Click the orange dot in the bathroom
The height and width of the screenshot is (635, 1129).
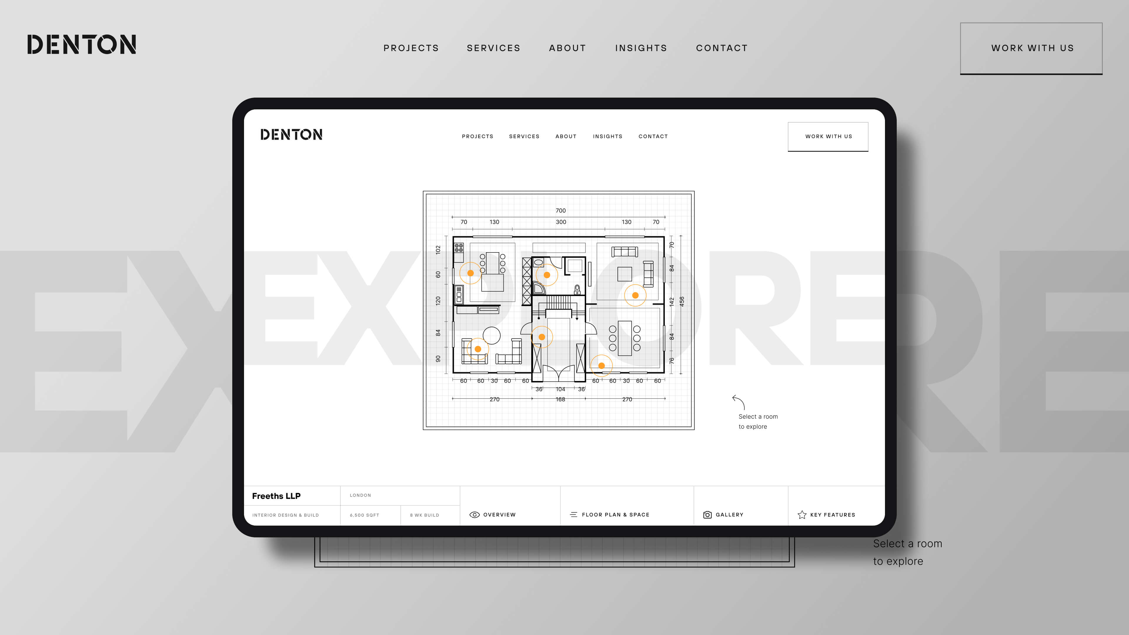click(x=547, y=275)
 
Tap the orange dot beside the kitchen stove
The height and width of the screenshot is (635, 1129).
click(x=470, y=273)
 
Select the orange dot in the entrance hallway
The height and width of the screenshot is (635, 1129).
click(x=542, y=337)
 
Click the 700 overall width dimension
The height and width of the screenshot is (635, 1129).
click(x=561, y=211)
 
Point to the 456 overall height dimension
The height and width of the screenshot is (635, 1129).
click(x=682, y=302)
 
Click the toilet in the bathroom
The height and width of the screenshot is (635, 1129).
click(x=577, y=289)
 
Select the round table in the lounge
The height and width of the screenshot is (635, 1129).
click(x=492, y=336)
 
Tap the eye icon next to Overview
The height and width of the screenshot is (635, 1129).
click(x=474, y=515)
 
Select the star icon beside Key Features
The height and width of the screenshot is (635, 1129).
click(x=802, y=515)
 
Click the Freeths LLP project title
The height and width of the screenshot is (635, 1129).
click(x=276, y=496)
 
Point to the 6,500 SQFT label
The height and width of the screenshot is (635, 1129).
click(x=364, y=515)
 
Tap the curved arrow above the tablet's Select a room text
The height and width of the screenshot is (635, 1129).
click(x=739, y=402)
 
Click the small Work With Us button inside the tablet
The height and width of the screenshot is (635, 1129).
click(x=828, y=137)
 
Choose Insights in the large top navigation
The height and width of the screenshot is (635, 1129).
click(x=641, y=48)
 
